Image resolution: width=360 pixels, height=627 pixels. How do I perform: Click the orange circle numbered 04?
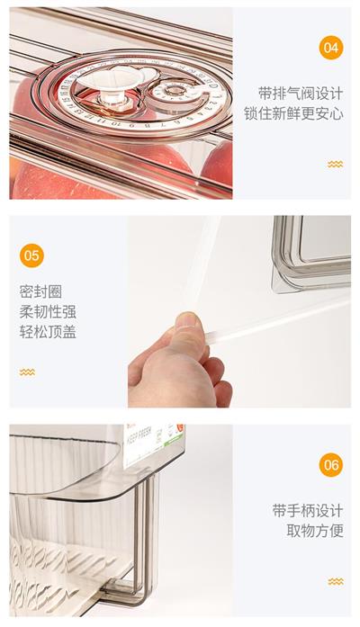tap(331, 48)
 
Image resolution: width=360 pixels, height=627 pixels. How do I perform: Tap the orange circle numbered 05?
tap(31, 255)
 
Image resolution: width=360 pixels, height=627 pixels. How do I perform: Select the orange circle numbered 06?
tap(331, 465)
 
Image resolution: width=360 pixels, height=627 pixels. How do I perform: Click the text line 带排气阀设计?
tap(301, 94)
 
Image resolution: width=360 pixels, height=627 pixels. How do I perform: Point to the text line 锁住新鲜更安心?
tap(293, 113)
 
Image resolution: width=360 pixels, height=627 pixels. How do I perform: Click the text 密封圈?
tap(40, 291)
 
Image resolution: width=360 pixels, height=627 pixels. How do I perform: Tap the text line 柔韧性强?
tap(48, 312)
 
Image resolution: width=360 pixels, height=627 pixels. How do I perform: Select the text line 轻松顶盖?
tap(48, 332)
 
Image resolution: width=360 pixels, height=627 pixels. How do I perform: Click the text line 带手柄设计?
tap(308, 511)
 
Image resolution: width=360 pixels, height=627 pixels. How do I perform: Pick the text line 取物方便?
tap(315, 531)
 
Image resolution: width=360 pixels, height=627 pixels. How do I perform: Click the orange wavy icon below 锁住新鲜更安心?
tap(335, 165)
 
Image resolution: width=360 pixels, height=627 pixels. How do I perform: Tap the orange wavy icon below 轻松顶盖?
tap(27, 372)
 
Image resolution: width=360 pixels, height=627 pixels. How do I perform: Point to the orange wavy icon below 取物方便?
tap(336, 581)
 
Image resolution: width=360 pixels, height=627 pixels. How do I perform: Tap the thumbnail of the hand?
tap(188, 321)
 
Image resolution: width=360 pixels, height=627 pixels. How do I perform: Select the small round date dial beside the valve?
tap(175, 91)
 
